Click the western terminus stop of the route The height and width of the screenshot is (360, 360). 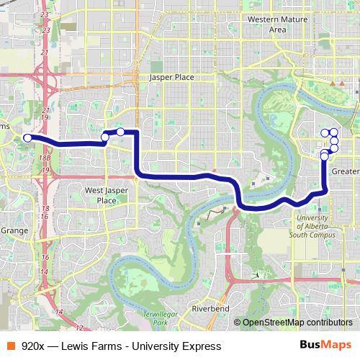coord(27,138)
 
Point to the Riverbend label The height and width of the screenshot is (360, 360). coord(210,308)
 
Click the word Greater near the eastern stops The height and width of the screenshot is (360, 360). coord(346,171)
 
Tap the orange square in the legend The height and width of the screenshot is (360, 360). coord(10,346)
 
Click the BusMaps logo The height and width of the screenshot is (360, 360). coord(325,346)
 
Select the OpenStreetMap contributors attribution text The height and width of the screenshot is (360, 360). coord(297,323)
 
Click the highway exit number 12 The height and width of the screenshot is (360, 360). coord(78,328)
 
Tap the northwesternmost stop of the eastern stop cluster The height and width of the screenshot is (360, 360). coord(324,132)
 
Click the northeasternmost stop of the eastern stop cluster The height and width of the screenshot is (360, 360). coord(334,132)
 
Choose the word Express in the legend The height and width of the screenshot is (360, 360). coord(201,346)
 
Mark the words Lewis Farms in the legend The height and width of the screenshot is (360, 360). coord(88,346)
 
